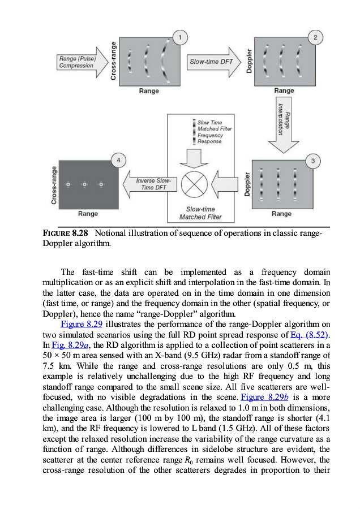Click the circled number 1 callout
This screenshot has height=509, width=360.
click(180, 38)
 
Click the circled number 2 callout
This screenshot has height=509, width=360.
click(315, 38)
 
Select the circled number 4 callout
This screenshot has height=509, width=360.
click(118, 161)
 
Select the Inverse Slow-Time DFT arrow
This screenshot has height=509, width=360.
click(149, 184)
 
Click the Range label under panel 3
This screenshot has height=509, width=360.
click(282, 214)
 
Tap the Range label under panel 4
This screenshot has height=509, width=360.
click(88, 214)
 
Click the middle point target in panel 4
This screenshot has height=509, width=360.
click(84, 184)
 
